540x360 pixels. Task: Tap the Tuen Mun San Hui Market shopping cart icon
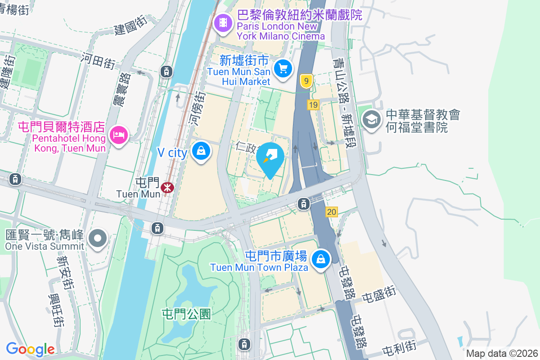tap(283, 69)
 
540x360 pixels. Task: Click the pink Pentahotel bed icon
tap(118, 134)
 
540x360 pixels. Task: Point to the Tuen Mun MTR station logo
tap(167, 186)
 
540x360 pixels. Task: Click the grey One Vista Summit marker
tap(98, 238)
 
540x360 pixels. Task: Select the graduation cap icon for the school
tap(372, 120)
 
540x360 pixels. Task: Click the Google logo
tap(30, 349)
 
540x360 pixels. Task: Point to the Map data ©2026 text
tap(502, 354)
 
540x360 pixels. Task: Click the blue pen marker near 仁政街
tap(270, 158)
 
